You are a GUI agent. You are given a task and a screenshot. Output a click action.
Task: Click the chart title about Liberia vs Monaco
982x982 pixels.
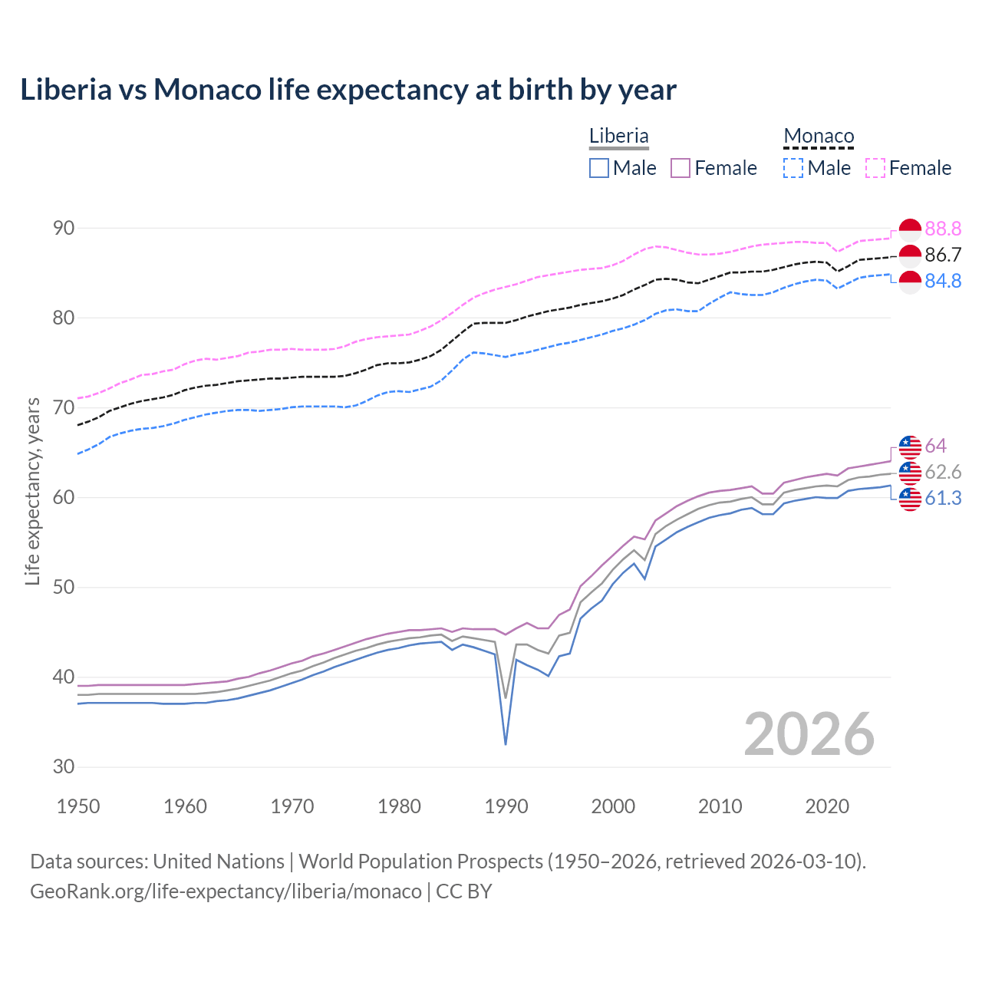(348, 90)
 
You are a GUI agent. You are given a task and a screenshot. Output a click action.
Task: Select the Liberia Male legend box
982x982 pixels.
(599, 168)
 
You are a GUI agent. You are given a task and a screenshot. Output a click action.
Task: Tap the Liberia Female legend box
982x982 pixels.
(681, 168)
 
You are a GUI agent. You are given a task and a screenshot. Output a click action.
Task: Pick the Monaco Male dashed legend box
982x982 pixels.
(793, 168)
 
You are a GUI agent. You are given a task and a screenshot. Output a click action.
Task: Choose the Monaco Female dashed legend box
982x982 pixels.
(875, 168)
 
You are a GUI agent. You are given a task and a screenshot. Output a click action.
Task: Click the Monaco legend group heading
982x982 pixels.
(819, 137)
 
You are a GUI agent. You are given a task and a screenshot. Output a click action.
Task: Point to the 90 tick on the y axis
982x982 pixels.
(64, 228)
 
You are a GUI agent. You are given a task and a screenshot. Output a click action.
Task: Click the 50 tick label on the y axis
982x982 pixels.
(64, 587)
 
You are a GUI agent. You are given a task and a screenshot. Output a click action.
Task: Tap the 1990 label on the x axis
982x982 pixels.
(506, 806)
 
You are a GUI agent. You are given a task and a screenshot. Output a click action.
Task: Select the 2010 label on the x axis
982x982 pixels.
(720, 806)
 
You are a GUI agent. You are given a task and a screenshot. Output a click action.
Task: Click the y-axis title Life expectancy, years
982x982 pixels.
(32, 491)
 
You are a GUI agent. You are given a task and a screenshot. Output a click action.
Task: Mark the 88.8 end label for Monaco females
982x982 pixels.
(943, 229)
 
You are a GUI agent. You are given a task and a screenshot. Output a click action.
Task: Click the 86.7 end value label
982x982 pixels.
(943, 255)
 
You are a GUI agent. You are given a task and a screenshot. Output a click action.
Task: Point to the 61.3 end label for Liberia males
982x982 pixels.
(943, 498)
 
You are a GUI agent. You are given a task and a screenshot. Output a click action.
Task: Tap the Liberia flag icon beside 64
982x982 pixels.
(910, 446)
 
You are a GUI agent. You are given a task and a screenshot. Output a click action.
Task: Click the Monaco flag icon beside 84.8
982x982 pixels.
(910, 282)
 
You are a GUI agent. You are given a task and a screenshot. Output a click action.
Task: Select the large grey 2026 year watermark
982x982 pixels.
(809, 734)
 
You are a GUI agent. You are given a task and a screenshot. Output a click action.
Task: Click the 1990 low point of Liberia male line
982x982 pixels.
(506, 743)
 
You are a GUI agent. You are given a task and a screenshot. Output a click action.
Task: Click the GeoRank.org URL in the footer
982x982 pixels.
(226, 891)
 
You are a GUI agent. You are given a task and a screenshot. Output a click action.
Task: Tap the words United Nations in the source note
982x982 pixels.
(219, 861)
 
